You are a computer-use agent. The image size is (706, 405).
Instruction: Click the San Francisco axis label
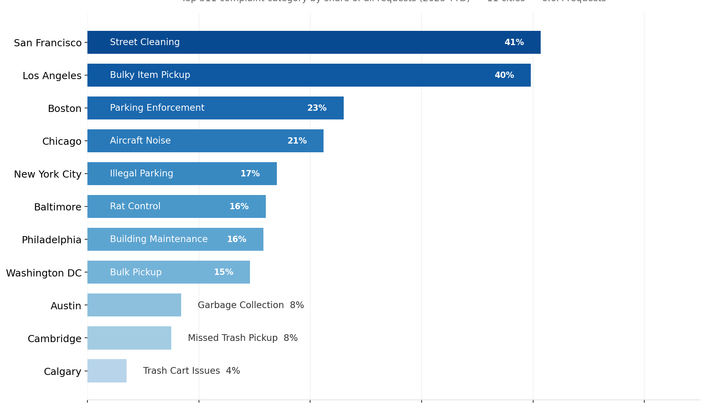click(47, 43)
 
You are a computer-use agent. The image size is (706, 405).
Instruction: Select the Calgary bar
click(107, 371)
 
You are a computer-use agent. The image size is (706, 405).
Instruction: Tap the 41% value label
click(514, 42)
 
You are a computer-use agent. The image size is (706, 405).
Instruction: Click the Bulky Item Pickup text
click(150, 75)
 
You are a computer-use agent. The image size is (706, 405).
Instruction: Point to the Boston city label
click(64, 108)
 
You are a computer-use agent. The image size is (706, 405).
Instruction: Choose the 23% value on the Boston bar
click(317, 108)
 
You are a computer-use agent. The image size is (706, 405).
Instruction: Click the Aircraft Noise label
click(140, 141)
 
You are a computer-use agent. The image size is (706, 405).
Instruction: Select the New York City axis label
click(47, 174)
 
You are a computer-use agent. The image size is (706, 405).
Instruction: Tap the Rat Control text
click(135, 206)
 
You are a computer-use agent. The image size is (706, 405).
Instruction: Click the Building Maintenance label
click(159, 239)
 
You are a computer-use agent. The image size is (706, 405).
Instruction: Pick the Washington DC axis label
click(44, 273)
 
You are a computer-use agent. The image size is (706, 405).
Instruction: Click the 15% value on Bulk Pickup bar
click(223, 272)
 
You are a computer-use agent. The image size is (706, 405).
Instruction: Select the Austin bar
click(134, 305)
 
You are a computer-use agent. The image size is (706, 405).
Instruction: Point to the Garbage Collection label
click(240, 305)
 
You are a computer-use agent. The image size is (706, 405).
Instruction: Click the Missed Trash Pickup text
click(233, 338)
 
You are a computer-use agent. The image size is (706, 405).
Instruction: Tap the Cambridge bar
click(129, 338)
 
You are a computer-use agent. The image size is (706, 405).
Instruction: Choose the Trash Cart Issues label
click(181, 371)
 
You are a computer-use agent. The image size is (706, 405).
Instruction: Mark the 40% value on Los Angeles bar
click(504, 75)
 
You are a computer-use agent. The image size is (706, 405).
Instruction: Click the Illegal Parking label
click(141, 174)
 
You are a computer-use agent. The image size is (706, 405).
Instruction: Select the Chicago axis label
click(62, 141)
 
